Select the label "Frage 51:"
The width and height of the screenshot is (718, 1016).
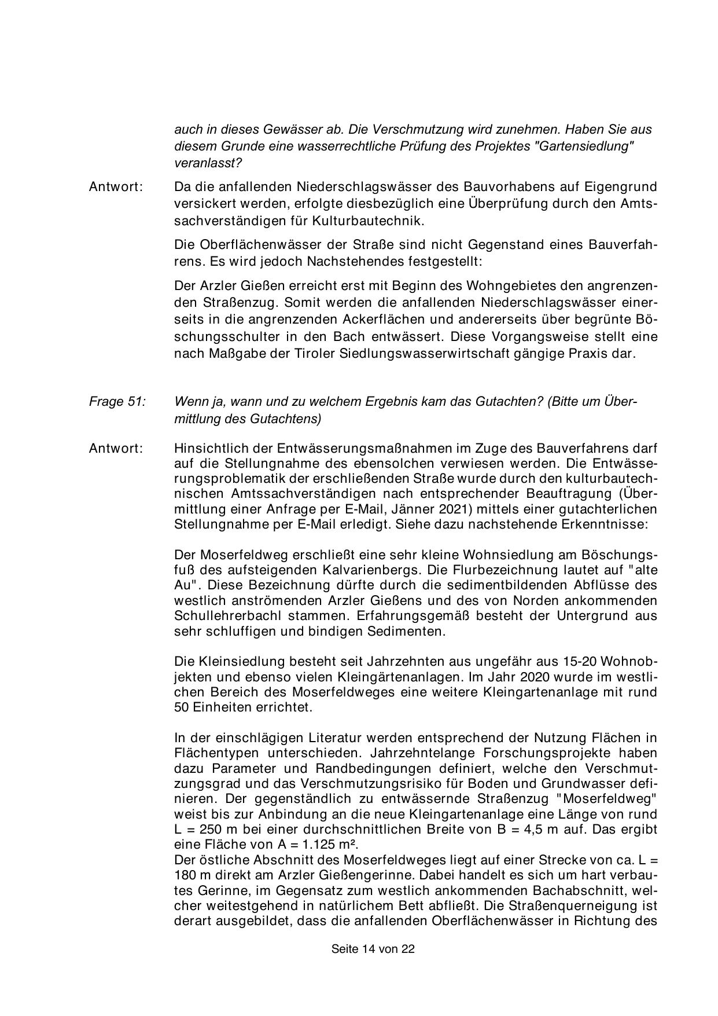click(117, 401)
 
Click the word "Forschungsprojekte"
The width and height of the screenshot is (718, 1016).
click(533, 753)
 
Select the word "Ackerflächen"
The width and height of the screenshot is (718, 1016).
click(385, 319)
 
